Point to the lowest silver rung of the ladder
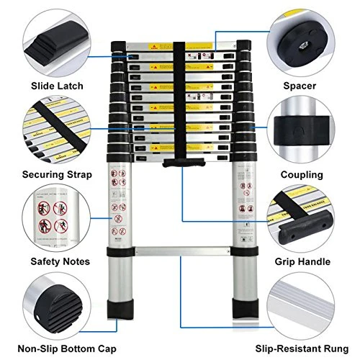tap(180, 252)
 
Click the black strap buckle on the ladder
tap(180, 164)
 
